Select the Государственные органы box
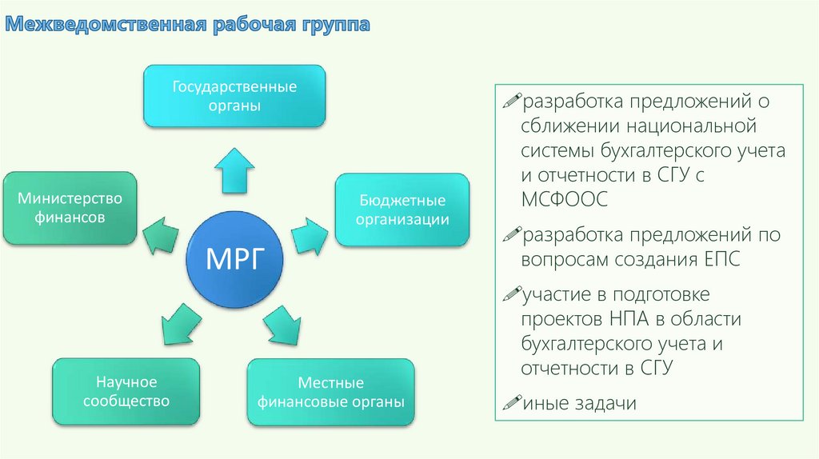pyautogui.click(x=234, y=95)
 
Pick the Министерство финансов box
pyautogui.click(x=70, y=207)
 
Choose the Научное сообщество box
pyautogui.click(x=126, y=392)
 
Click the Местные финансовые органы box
pyautogui.click(x=330, y=393)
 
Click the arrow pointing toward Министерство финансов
pyautogui.click(x=162, y=232)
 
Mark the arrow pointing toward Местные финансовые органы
pyautogui.click(x=283, y=324)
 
